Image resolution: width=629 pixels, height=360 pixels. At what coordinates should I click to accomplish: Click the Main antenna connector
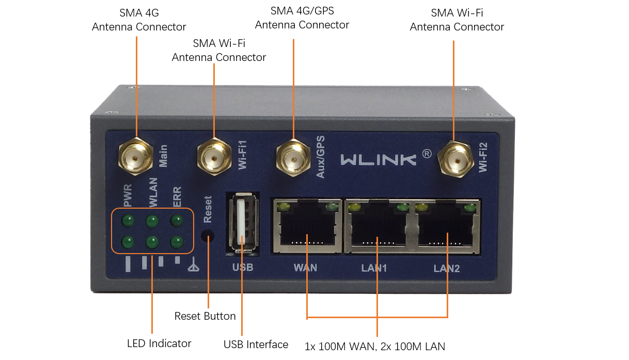136,155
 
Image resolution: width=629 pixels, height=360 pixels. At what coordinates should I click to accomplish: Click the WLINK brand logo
378,158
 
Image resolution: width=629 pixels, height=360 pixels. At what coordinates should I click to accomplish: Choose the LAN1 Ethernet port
378,227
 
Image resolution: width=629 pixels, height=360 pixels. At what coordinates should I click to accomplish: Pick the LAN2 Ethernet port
447,227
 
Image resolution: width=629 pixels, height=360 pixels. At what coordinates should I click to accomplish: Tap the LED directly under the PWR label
128,221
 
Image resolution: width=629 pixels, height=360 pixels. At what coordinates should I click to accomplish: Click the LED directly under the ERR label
177,221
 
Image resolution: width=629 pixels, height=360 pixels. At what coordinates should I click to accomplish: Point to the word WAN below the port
305,268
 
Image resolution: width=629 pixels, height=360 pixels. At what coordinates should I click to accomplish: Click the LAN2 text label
446,269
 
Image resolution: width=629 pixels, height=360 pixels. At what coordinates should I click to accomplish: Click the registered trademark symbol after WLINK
427,153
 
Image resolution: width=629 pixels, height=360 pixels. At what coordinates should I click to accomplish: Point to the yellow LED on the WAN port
282,208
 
